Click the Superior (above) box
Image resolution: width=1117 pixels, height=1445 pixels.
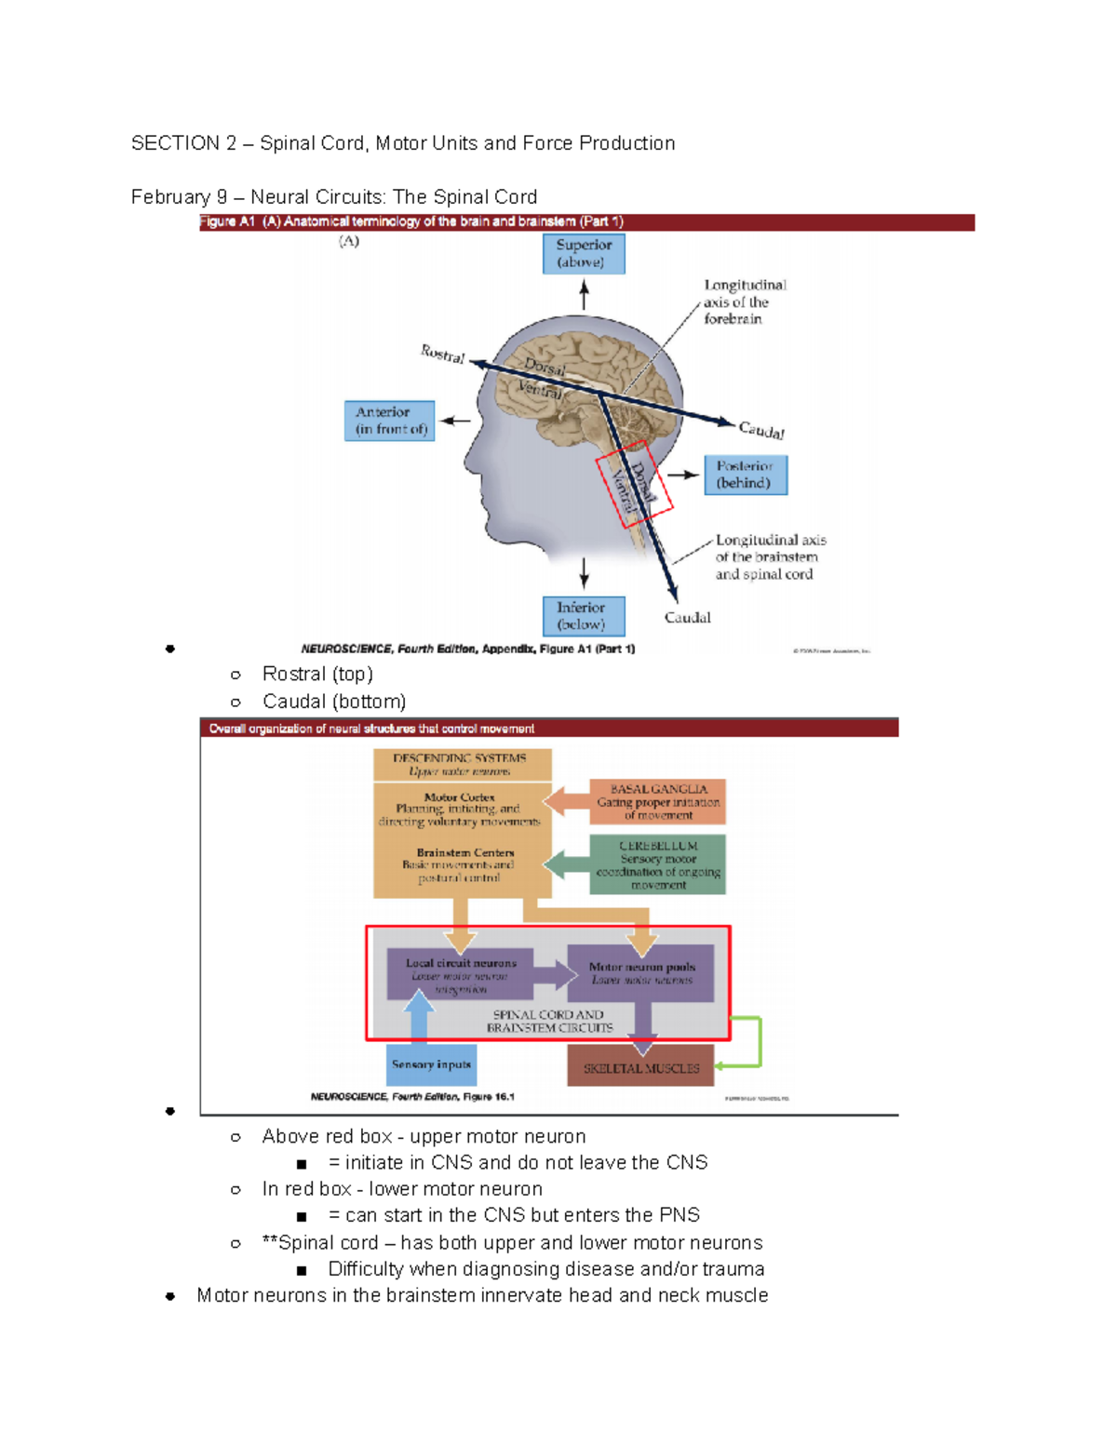[x=584, y=253]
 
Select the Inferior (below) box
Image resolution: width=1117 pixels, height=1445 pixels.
[x=584, y=616]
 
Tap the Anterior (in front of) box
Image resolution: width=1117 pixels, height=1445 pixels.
[x=389, y=421]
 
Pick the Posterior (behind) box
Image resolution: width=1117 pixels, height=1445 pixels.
[x=746, y=475]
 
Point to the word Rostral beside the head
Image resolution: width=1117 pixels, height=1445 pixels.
[x=442, y=354]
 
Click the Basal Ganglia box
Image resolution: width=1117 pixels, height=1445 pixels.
[x=657, y=801]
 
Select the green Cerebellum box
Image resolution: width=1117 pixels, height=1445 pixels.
[x=657, y=864]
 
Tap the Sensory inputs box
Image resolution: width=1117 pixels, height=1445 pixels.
[x=431, y=1064]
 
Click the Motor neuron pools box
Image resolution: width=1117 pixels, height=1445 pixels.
[x=641, y=973]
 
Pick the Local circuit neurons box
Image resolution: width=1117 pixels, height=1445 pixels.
[x=460, y=973]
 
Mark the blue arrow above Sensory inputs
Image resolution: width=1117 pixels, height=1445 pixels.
[x=420, y=1016]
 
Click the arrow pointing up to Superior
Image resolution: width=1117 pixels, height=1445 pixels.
[x=584, y=295]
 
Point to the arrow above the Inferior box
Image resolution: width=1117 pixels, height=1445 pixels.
[x=584, y=571]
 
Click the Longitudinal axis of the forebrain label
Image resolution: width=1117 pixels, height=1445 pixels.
[x=744, y=301]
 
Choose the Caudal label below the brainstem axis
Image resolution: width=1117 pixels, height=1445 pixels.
[x=687, y=618]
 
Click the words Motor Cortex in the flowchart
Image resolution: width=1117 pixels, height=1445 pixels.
[x=459, y=797]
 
